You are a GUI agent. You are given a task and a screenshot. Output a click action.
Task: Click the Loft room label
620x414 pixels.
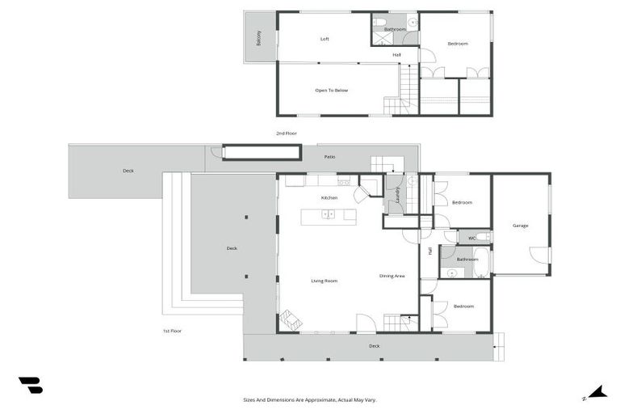325,39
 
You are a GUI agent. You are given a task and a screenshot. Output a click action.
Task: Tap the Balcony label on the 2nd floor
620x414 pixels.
259,38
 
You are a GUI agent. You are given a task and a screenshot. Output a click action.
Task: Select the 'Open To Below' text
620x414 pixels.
331,91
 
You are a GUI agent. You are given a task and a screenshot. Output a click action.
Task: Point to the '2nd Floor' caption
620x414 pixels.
287,133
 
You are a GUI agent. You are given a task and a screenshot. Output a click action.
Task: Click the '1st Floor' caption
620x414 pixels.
171,331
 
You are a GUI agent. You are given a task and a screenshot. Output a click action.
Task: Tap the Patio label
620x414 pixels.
329,157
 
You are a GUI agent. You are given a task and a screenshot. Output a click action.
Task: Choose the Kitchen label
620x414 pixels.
329,198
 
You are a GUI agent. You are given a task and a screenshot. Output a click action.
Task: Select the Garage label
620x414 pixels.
520,226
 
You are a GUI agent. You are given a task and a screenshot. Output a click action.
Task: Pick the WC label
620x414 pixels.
471,238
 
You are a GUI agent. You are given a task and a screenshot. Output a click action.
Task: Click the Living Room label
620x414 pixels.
324,281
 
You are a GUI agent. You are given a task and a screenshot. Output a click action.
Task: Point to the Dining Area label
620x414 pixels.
392,277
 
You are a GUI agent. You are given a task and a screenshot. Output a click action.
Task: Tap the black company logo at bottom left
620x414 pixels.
30,386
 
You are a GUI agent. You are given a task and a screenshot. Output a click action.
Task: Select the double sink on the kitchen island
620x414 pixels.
328,214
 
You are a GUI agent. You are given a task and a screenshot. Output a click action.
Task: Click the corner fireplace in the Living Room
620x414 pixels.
291,320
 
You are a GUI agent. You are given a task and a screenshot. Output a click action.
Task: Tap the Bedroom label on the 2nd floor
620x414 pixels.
458,44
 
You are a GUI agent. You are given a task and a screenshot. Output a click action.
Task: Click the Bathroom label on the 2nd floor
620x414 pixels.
395,29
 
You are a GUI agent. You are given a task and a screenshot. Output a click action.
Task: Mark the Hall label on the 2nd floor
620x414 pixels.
396,55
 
